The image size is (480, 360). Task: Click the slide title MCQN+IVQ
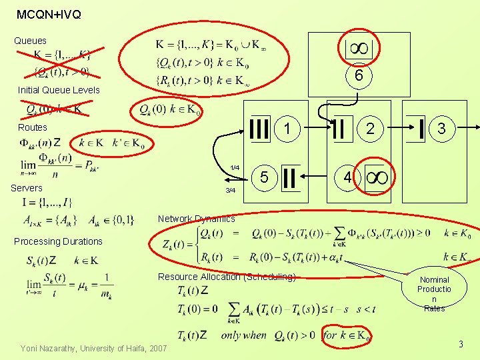(x=49, y=14)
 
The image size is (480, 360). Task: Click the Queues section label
(x=31, y=41)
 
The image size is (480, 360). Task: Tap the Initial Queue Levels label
(x=59, y=90)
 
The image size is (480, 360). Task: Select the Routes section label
(x=33, y=127)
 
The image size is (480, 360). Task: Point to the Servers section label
(x=27, y=188)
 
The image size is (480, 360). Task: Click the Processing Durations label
(x=59, y=241)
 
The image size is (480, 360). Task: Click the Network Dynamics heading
(x=196, y=219)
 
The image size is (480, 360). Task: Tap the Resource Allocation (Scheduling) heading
(x=227, y=277)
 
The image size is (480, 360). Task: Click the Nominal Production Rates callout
(x=434, y=294)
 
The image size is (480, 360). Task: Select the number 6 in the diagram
(x=359, y=77)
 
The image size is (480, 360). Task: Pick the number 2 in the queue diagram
(x=371, y=127)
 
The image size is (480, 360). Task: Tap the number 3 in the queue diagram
(x=441, y=127)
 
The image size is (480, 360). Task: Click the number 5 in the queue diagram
(x=264, y=177)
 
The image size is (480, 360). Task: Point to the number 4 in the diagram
(x=347, y=177)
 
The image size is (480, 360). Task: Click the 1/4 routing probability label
(x=235, y=167)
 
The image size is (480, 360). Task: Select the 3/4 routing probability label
(x=231, y=191)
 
